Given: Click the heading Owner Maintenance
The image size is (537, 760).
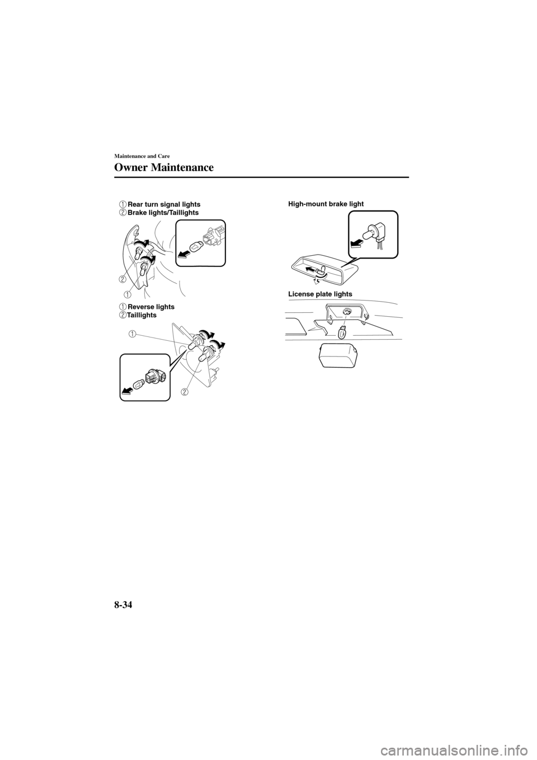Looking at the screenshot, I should coord(164,167).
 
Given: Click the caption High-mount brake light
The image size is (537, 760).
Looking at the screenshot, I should coord(326,204).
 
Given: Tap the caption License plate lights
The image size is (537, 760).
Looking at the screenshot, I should coord(320,294).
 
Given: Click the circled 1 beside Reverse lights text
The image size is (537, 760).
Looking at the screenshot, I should coord(122,307).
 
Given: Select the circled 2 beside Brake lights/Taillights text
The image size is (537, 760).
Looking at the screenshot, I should coord(122,213).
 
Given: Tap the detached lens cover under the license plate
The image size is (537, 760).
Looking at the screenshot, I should coord(338,356).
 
